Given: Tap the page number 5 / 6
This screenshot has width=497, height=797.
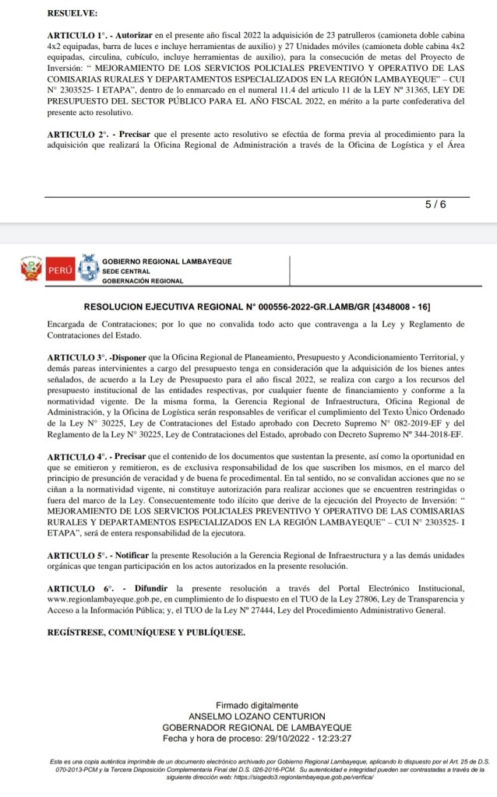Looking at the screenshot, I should click(435, 204).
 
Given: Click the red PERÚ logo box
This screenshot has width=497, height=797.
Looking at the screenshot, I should click(61, 270).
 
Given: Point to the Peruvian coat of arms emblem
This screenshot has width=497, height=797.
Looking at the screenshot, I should click(30, 270).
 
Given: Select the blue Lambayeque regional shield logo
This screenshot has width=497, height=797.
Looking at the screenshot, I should click(88, 269).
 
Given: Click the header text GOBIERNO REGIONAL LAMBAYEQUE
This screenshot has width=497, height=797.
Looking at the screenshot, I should click(167, 262).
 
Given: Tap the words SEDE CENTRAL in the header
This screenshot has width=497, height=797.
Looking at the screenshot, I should click(128, 271).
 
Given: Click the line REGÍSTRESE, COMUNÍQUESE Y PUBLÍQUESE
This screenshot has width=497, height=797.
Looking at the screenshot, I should click(146, 632).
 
